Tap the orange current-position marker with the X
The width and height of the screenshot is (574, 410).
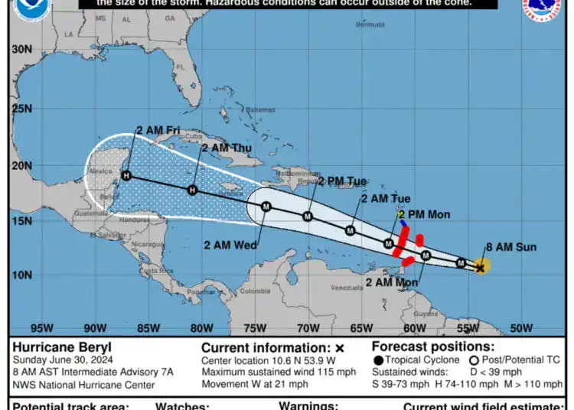[481, 267]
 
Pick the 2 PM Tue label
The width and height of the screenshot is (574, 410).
[342, 181]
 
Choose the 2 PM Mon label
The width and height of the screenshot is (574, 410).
[425, 214]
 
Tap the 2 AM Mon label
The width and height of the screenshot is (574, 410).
[393, 282]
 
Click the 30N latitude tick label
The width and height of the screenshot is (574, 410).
[21, 50]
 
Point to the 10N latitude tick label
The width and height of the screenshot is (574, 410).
[21, 275]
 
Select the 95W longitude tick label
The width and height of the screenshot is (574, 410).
[41, 328]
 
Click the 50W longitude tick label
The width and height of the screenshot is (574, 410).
[520, 328]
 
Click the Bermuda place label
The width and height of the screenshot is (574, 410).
[370, 25]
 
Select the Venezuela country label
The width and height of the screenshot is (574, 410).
[346, 288]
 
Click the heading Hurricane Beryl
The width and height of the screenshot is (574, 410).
[62, 347]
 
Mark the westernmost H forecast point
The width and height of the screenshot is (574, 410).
[126, 176]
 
